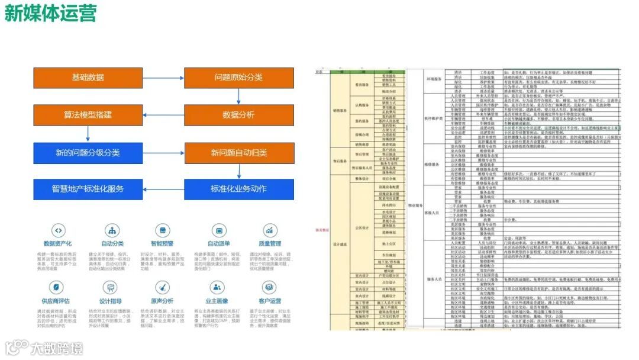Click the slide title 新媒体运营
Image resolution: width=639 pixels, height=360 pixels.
click(x=50, y=13)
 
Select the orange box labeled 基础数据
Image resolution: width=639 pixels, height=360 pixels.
click(x=88, y=78)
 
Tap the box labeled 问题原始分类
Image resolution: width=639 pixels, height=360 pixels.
click(x=239, y=78)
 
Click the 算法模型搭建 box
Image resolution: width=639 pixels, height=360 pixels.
click(x=88, y=115)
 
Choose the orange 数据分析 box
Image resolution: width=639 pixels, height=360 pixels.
click(x=239, y=115)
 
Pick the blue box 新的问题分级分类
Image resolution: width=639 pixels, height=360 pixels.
click(x=88, y=153)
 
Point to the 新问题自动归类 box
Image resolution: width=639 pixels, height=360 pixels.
click(x=239, y=153)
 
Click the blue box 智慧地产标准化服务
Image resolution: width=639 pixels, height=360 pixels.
click(x=88, y=189)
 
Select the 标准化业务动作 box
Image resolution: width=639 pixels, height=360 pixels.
click(x=239, y=189)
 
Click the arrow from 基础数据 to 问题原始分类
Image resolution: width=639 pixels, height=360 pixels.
click(x=163, y=78)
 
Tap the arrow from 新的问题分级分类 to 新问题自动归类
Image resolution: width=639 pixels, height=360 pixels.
click(x=163, y=152)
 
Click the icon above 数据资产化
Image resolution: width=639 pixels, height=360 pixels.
click(x=58, y=230)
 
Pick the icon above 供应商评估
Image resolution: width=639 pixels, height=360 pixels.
click(x=58, y=288)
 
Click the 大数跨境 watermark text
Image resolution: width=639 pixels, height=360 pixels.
click(x=57, y=348)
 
